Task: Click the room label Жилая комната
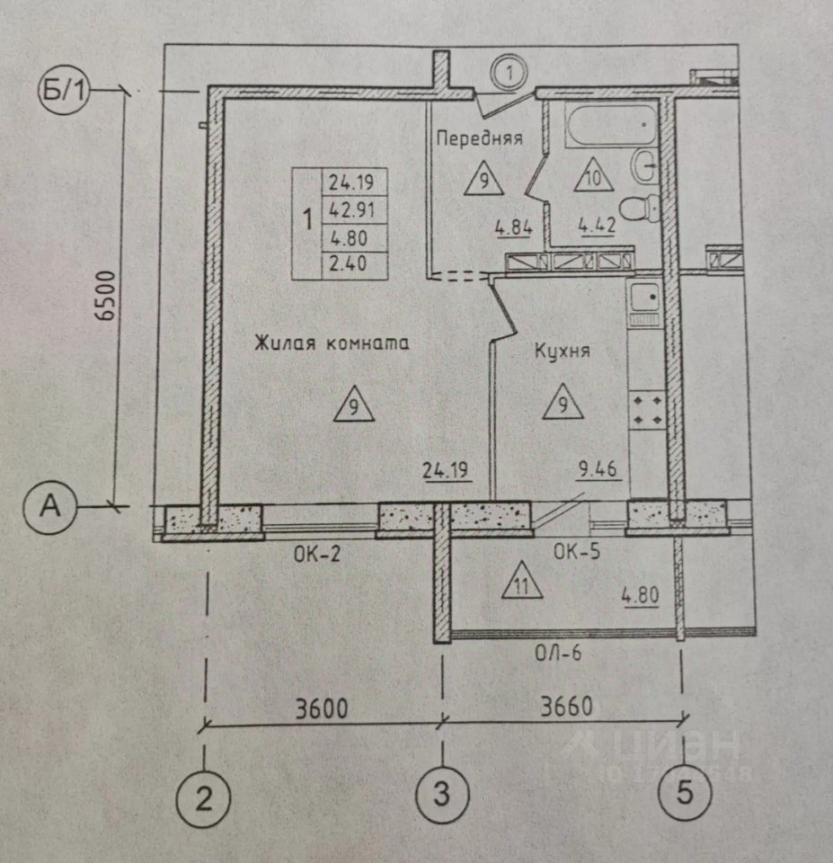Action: (x=331, y=343)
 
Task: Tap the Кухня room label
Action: (x=562, y=351)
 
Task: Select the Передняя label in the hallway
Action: (x=479, y=138)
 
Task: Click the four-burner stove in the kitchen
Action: (x=647, y=409)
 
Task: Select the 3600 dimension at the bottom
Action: (x=322, y=707)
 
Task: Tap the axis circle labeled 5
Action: (x=685, y=793)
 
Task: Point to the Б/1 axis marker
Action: (x=61, y=90)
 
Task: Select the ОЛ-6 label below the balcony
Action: (x=559, y=654)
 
